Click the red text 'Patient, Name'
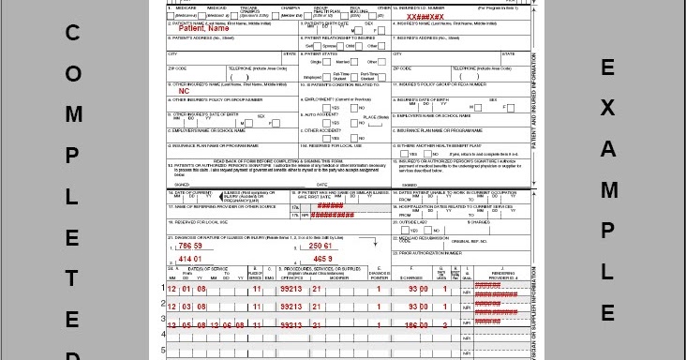click(205, 28)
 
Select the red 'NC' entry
click(185, 91)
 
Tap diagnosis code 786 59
click(190, 246)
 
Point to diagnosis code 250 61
click(323, 246)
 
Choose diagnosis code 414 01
click(190, 258)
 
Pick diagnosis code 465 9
click(322, 258)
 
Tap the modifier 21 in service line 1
click(318, 291)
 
